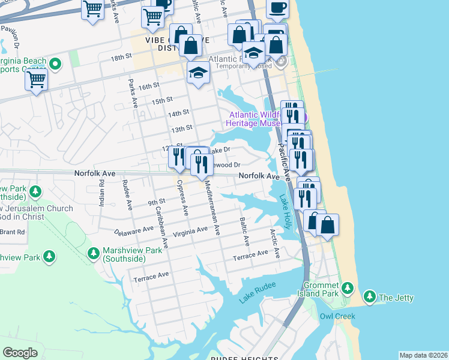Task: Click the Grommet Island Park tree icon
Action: point(348,289)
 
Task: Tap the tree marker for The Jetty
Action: point(369,297)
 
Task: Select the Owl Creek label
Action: point(337,316)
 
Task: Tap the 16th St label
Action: point(148,87)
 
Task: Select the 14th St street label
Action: point(179,113)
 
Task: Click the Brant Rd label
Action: point(12,232)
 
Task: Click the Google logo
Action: point(20,353)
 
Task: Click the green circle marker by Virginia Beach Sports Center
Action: point(55,63)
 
